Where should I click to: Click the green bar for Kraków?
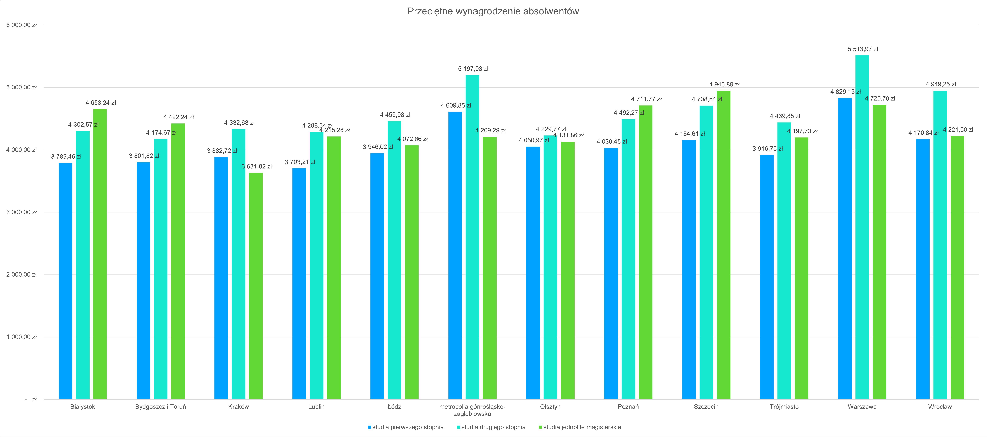tap(256, 286)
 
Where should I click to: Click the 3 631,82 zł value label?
tap(256, 166)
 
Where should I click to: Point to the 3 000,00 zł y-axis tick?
tap(21, 212)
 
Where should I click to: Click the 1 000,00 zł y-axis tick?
tap(21, 337)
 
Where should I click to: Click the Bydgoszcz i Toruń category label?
tap(161, 407)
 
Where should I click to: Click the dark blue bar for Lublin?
tap(299, 284)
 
